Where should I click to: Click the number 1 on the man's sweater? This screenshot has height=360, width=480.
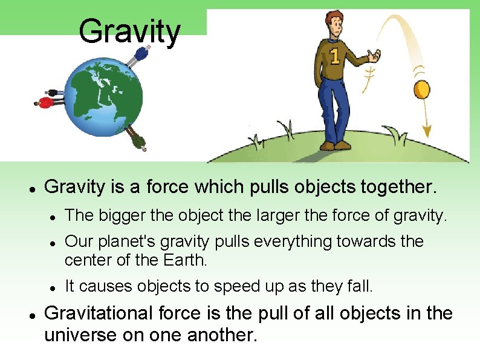click(x=334, y=57)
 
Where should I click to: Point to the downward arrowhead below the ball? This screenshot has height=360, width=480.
click(x=427, y=131)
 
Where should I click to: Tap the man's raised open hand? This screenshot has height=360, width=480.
click(x=377, y=56)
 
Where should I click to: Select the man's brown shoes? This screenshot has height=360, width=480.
click(x=336, y=145)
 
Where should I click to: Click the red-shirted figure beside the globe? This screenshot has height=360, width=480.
click(x=47, y=102)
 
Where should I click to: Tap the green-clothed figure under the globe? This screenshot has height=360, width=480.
click(x=140, y=140)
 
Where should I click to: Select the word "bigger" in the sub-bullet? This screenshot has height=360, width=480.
click(x=115, y=215)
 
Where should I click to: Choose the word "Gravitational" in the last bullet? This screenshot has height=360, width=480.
click(x=101, y=313)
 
